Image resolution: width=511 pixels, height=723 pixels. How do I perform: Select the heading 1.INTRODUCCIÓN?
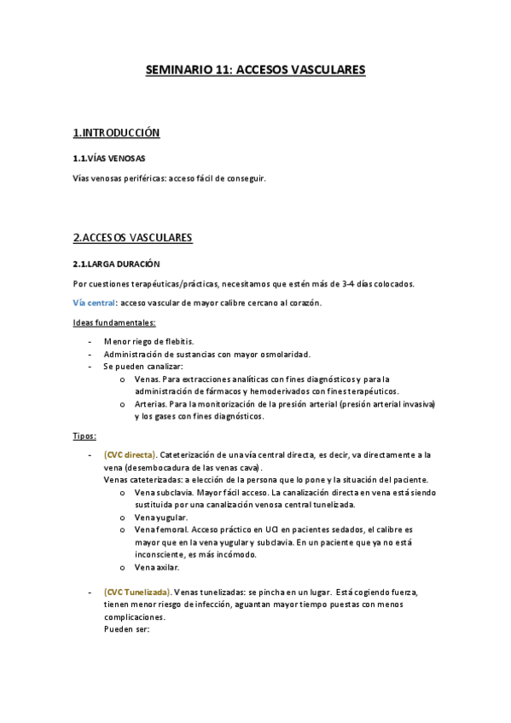pyautogui.click(x=117, y=133)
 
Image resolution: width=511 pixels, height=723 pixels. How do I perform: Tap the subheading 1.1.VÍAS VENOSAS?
pyautogui.click(x=109, y=159)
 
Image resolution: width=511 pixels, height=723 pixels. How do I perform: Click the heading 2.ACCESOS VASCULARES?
pyautogui.click(x=133, y=237)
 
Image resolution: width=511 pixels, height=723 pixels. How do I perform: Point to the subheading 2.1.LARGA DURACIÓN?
pyautogui.click(x=117, y=264)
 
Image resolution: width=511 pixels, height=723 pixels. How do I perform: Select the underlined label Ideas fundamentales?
pyautogui.click(x=114, y=322)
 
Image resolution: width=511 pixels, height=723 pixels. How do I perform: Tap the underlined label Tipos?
pyautogui.click(x=84, y=436)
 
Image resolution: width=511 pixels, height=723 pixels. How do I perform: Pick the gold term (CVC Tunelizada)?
pyautogui.click(x=136, y=592)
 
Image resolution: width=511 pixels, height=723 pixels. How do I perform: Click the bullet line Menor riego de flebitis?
pyautogui.click(x=148, y=341)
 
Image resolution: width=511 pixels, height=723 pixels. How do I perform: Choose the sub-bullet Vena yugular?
pyautogui.click(x=161, y=518)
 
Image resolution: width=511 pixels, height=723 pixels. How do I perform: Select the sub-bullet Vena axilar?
pyautogui.click(x=158, y=567)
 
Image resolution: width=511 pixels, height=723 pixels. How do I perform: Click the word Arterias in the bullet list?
pyautogui.click(x=150, y=404)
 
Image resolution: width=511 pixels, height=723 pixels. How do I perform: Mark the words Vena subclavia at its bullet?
pyautogui.click(x=163, y=492)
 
